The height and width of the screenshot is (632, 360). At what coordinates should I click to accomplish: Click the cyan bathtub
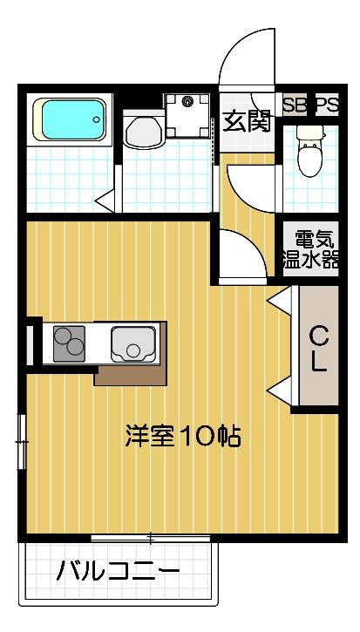(70, 120)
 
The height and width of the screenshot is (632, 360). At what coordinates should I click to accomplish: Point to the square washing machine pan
(187, 112)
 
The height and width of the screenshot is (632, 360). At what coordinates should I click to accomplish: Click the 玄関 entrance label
(247, 121)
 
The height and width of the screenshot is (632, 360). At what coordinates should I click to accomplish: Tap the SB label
(295, 105)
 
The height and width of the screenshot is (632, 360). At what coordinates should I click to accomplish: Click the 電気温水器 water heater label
(309, 249)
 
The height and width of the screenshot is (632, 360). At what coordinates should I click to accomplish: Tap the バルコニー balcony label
(119, 573)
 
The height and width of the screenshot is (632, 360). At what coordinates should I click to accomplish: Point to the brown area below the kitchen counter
(131, 375)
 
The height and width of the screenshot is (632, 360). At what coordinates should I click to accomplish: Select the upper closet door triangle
(279, 301)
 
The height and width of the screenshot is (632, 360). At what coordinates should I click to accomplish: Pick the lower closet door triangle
(279, 390)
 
